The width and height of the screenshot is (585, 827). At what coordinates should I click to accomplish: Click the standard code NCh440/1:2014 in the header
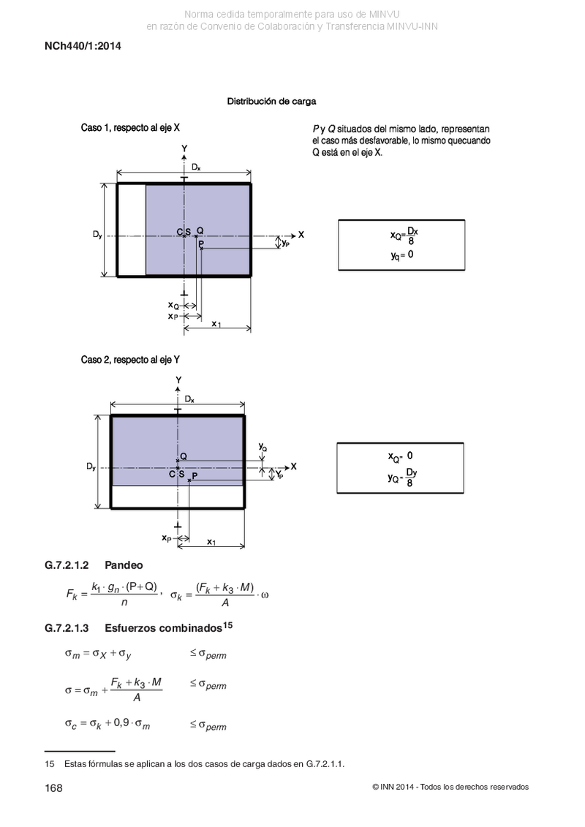point(83,46)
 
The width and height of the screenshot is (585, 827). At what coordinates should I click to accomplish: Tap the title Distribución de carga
point(272,101)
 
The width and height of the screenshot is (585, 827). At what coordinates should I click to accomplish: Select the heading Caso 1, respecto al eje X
point(130,128)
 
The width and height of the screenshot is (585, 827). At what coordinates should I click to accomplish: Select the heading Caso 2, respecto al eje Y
point(130,360)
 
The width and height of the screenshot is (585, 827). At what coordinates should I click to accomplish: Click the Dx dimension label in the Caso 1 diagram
point(196,167)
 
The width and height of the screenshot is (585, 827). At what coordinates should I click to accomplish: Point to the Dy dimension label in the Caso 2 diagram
point(91,467)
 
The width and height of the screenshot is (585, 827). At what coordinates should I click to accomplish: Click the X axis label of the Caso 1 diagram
point(301,235)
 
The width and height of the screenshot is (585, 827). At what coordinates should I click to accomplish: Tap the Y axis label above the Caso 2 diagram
point(179,379)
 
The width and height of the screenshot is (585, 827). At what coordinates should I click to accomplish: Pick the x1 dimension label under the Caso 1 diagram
point(216,323)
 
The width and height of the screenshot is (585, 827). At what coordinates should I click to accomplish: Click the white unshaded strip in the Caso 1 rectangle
point(132,230)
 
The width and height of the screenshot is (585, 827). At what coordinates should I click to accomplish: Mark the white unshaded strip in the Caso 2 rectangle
point(178,496)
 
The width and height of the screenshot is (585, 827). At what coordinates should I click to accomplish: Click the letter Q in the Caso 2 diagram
point(183,456)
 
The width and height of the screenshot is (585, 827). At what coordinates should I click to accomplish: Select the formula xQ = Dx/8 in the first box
point(404,236)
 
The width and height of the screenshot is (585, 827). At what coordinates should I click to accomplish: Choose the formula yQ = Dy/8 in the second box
point(402,477)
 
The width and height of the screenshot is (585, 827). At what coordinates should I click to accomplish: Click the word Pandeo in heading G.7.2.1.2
point(124,565)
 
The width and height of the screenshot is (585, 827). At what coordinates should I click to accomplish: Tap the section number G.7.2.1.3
point(67,628)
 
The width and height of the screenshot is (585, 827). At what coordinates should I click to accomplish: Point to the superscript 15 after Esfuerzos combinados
point(227,625)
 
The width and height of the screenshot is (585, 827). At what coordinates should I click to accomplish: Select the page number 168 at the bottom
point(54,788)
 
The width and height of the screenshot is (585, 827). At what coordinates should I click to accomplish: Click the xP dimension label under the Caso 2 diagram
point(167,538)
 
